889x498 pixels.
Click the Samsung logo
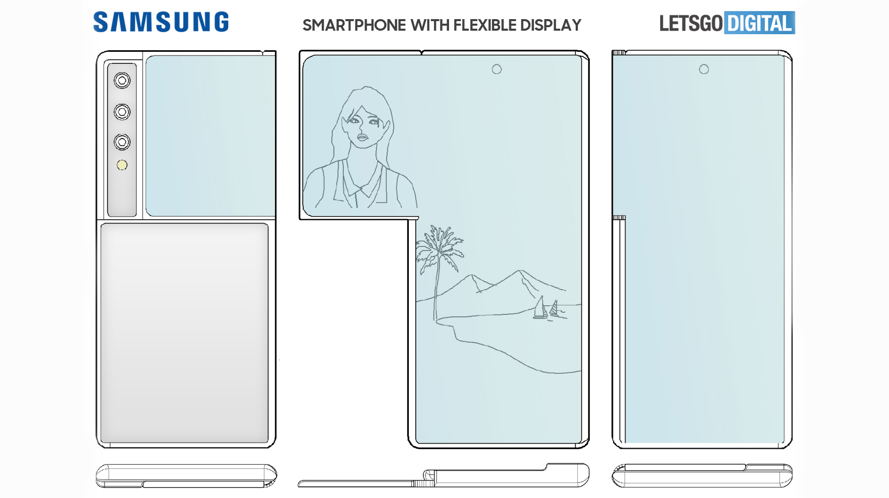tap(161, 22)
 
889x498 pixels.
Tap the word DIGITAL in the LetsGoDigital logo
tap(759, 23)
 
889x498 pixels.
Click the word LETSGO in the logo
tap(691, 24)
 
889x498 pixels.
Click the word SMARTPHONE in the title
tap(354, 25)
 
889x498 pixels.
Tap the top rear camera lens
tap(122, 80)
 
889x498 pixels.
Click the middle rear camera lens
tap(122, 112)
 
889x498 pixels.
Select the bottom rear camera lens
tap(122, 142)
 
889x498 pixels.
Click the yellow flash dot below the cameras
tap(122, 165)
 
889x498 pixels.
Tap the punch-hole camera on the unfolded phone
tap(497, 69)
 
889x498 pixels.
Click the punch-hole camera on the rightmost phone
tap(704, 69)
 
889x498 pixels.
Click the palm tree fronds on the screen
tap(439, 246)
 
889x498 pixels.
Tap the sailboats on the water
tap(547, 308)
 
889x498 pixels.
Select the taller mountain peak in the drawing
tap(519, 272)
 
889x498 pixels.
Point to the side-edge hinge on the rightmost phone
tap(619, 218)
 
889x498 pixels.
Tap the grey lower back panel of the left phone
tap(185, 333)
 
